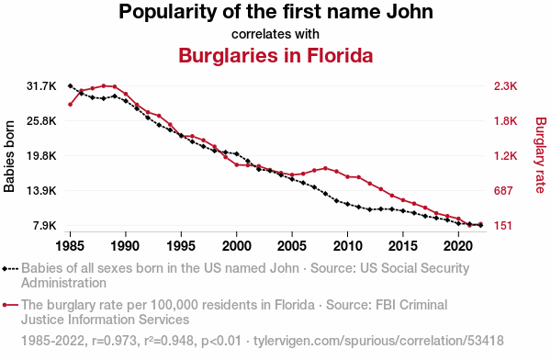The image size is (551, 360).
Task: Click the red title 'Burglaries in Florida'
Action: [275, 55]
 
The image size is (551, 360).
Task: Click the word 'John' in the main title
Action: [410, 12]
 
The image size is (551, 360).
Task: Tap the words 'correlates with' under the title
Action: [275, 34]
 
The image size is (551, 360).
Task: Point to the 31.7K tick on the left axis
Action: [41, 85]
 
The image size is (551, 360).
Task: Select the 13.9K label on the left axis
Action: [41, 190]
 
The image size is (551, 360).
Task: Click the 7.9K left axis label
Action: [45, 225]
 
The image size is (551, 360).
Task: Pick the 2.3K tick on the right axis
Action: [505, 85]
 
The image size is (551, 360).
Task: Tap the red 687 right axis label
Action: [503, 190]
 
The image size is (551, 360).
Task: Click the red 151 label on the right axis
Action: [503, 225]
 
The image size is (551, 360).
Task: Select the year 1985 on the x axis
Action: [70, 246]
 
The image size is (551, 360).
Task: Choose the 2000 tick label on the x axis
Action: [237, 246]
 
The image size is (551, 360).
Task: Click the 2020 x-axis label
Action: [458, 246]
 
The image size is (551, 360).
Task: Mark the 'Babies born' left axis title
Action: [9, 156]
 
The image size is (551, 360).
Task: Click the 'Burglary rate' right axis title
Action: [541, 155]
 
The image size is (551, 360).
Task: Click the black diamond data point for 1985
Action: [71, 85]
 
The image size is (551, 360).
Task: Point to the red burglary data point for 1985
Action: [71, 105]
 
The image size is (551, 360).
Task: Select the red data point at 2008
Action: [325, 168]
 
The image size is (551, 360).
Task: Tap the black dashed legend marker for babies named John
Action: [10, 269]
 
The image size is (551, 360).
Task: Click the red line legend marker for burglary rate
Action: [10, 305]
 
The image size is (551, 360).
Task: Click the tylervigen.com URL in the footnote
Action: [378, 341]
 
